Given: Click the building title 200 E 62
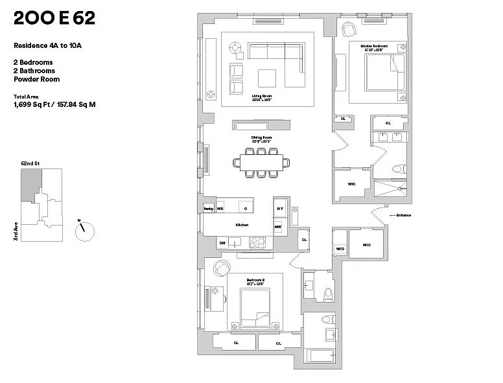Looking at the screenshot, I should click(x=54, y=19).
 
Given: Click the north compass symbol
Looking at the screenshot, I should click(x=85, y=230).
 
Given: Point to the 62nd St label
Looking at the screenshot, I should click(x=30, y=164).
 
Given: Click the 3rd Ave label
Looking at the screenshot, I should click(x=15, y=232).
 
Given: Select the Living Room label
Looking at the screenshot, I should click(x=261, y=96).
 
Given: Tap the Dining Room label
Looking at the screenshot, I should click(x=261, y=137).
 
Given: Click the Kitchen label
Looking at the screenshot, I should click(x=242, y=225).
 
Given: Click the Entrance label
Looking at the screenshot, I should click(x=402, y=215).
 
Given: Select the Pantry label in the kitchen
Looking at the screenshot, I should click(x=209, y=209).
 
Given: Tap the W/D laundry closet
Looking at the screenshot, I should click(x=340, y=249).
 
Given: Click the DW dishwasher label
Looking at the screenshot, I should click(x=222, y=243).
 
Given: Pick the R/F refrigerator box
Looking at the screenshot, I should click(x=279, y=209).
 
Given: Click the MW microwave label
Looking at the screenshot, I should click(x=277, y=227).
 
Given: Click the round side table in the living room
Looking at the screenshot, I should click(x=235, y=47).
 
